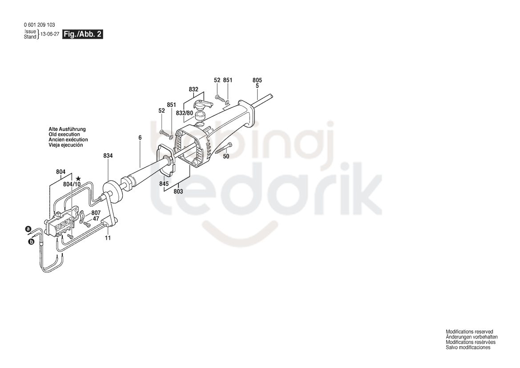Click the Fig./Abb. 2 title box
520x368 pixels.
point(83,34)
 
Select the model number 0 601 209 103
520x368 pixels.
point(40,25)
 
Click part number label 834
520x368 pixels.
point(108,155)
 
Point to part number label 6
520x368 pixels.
point(140,138)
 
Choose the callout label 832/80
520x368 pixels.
point(185,113)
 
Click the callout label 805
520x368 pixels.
point(257,80)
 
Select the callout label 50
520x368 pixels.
point(226,156)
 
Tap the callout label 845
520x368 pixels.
point(164,184)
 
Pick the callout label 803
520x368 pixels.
point(178,192)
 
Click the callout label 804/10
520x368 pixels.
point(72,184)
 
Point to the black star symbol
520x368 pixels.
point(78,179)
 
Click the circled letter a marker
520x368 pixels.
point(28,229)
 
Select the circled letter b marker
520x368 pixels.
point(31,242)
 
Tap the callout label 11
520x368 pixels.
point(108,238)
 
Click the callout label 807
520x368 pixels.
point(96,213)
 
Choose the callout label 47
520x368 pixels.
point(96,219)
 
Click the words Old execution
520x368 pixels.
point(64,135)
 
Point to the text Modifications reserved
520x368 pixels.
point(469,331)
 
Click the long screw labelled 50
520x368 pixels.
point(224,147)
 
